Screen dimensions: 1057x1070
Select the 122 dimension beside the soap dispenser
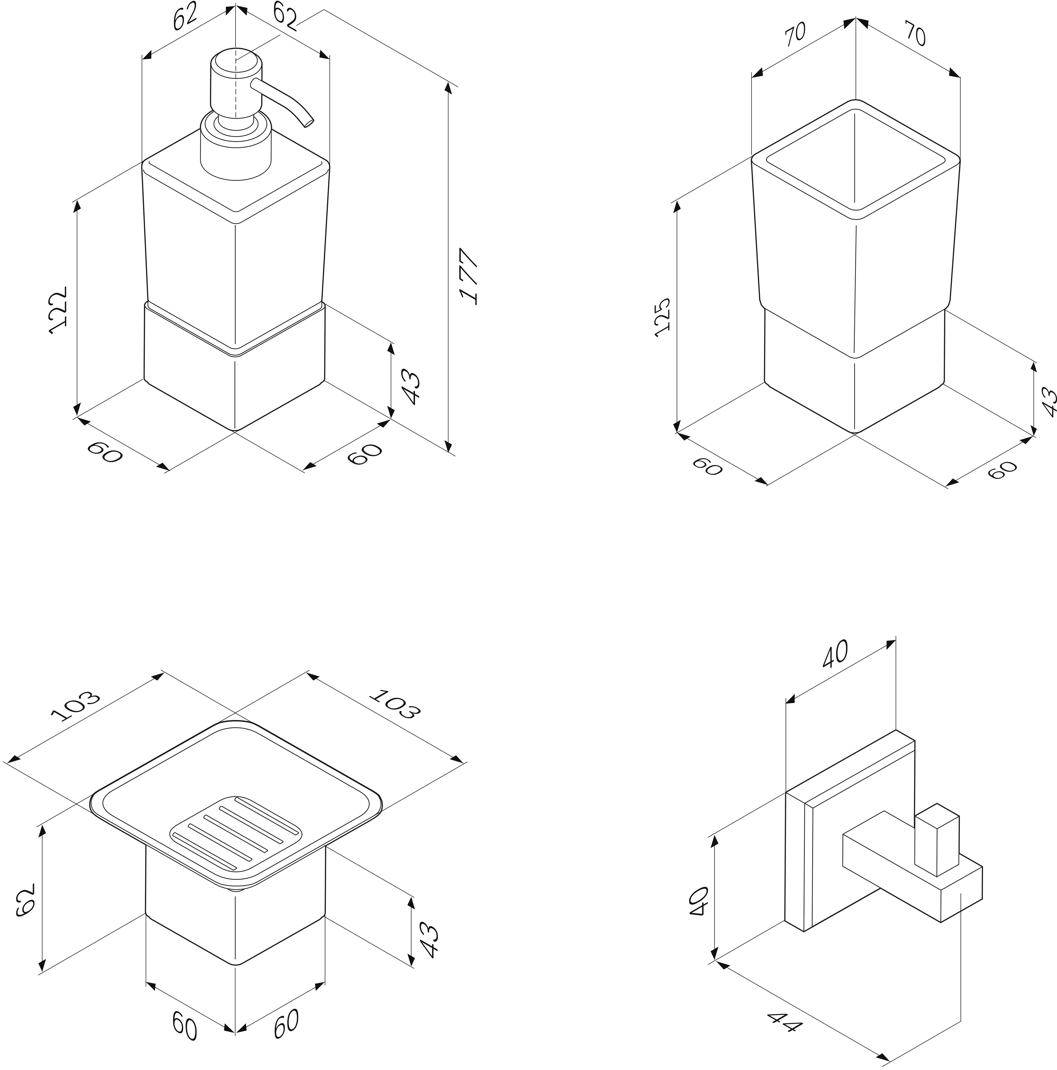pos(59,309)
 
